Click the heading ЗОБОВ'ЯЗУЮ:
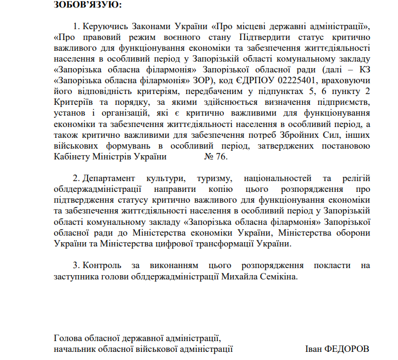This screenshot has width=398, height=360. tap(88, 5)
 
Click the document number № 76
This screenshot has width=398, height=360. tap(216, 157)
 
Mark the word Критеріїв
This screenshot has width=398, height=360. tap(72, 102)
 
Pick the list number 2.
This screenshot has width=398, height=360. tap(76, 178)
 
